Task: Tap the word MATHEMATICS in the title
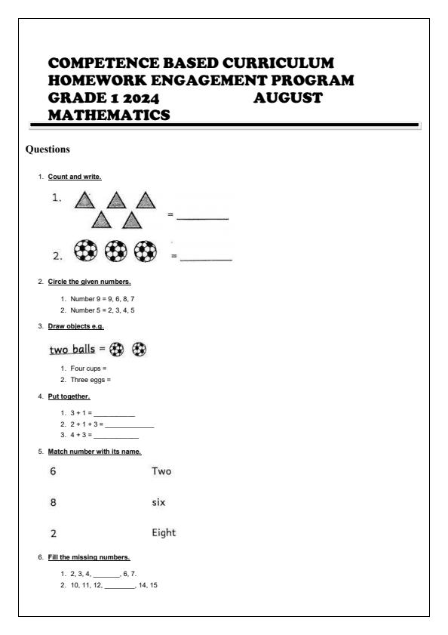(x=109, y=115)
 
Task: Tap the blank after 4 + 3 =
(x=117, y=436)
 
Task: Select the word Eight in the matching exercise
(x=164, y=532)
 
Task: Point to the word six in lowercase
(x=158, y=501)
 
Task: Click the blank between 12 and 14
(x=119, y=585)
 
